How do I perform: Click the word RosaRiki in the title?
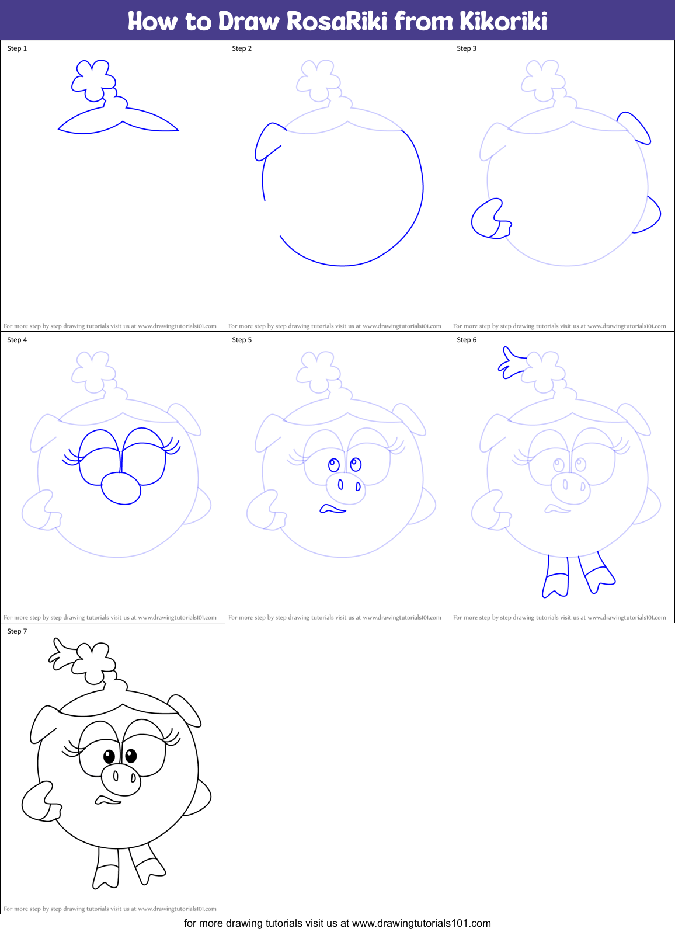[x=337, y=22]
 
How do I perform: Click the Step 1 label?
[x=17, y=48]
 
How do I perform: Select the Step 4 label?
[x=17, y=340]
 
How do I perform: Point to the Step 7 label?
[x=17, y=631]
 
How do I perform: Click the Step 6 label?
[x=467, y=340]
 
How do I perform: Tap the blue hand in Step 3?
[x=489, y=220]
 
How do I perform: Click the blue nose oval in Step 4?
[x=121, y=488]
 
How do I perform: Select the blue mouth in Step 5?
[x=332, y=510]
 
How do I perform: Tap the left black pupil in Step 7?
[x=109, y=757]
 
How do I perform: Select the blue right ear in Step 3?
[x=635, y=127]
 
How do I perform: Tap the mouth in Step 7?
[x=107, y=800]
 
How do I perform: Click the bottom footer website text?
[x=337, y=923]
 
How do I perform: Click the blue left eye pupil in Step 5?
[x=334, y=465]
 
